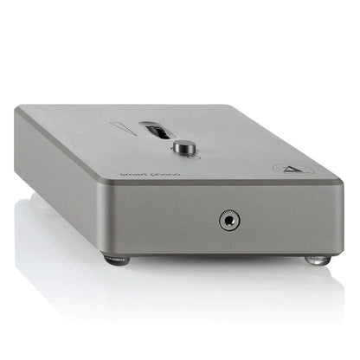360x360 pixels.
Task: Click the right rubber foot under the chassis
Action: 318,259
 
